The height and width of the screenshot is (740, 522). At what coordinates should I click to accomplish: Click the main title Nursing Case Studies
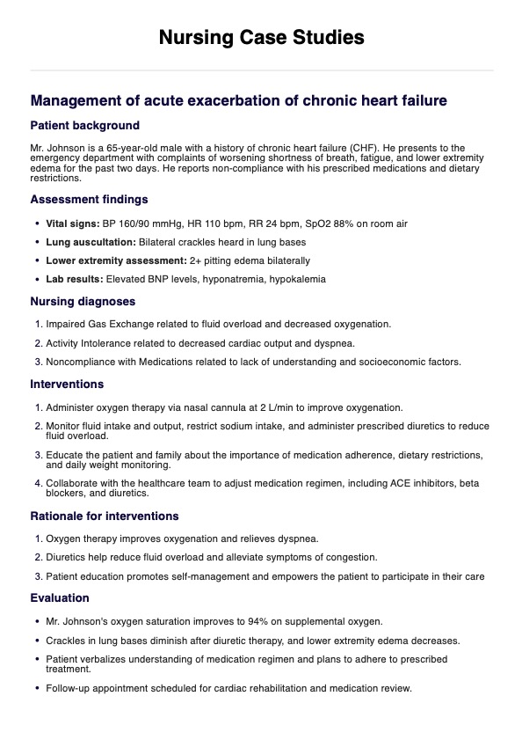(261, 37)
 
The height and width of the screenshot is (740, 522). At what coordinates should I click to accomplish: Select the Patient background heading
(84, 126)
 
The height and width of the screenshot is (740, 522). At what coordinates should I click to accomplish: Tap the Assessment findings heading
(89, 199)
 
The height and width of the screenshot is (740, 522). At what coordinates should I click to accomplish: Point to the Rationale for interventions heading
(104, 516)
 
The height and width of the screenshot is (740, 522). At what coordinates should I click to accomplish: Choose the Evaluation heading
(60, 597)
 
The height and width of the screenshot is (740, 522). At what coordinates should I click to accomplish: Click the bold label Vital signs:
(74, 223)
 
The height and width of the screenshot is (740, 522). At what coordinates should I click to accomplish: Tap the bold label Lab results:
(75, 279)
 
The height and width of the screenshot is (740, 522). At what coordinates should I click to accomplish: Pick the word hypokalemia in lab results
(297, 279)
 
